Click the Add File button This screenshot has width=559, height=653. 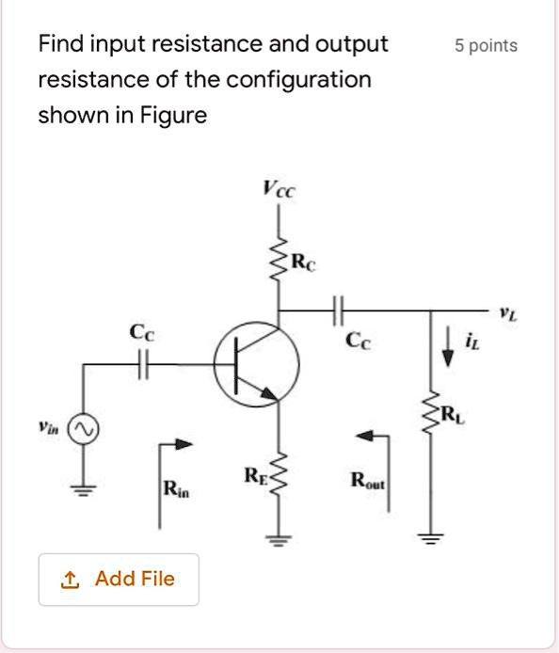[x=119, y=580]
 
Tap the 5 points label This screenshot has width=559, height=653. [x=487, y=46]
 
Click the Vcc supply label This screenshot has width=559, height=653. [x=279, y=188]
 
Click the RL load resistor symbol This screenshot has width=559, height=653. [x=430, y=412]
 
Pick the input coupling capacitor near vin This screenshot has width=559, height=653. [x=143, y=364]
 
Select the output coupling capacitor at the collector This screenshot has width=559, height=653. [x=338, y=311]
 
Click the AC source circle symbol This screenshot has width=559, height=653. [x=84, y=428]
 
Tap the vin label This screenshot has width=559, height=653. [x=48, y=427]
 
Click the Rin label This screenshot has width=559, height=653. [x=176, y=488]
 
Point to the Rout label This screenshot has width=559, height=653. [x=368, y=480]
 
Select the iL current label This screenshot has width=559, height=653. [x=472, y=342]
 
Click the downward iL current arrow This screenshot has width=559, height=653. [x=448, y=346]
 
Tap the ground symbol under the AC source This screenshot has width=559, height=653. [x=84, y=491]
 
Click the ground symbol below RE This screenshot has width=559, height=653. [x=279, y=540]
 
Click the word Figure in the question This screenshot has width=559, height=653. [x=173, y=116]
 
